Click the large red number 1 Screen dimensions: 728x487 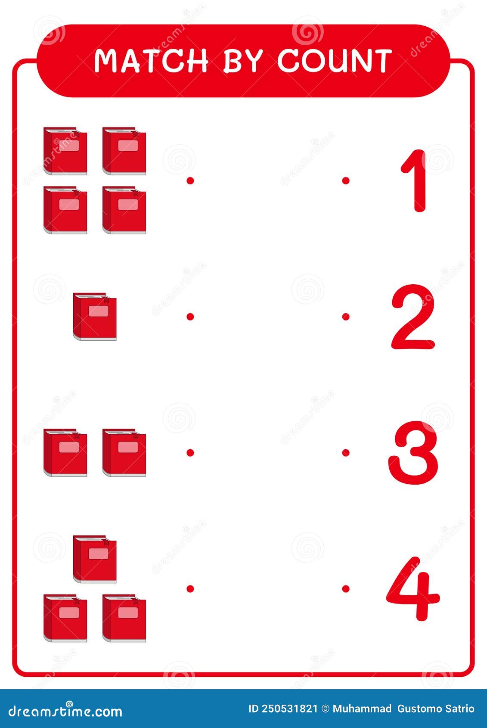(x=415, y=181)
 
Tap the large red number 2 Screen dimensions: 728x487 (x=413, y=317)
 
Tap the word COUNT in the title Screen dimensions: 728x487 (x=335, y=61)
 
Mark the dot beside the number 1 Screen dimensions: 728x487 (x=345, y=180)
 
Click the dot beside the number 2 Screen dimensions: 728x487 (x=345, y=317)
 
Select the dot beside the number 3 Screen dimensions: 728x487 (x=345, y=452)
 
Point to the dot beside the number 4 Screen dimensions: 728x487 (x=345, y=588)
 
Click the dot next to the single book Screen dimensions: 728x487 (x=190, y=317)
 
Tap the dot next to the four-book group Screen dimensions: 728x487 (x=190, y=180)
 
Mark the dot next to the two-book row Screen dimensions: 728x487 (x=190, y=452)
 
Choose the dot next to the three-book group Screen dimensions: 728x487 (x=190, y=588)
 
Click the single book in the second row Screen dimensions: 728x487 (x=95, y=317)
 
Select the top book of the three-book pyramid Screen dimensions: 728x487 (x=95, y=559)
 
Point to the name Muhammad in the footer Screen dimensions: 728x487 (x=362, y=709)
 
